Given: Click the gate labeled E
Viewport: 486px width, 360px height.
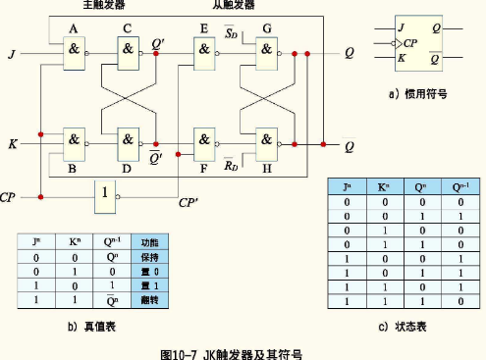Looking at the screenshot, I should [205, 54].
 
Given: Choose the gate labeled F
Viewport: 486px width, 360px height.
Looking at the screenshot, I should [205, 141].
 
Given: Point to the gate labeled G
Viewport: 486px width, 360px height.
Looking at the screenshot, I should [265, 54].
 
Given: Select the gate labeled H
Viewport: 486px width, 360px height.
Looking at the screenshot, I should [265, 141].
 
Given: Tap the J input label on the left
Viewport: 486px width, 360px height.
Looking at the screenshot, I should [11, 53].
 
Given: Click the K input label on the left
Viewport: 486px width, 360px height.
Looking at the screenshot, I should [12, 145].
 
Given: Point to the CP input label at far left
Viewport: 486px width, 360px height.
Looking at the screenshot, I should [10, 197].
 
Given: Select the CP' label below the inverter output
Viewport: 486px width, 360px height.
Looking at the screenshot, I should [189, 205].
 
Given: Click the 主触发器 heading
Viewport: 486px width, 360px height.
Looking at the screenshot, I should [103, 6].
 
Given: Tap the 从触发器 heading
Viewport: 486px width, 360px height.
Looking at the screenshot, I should [233, 6].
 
